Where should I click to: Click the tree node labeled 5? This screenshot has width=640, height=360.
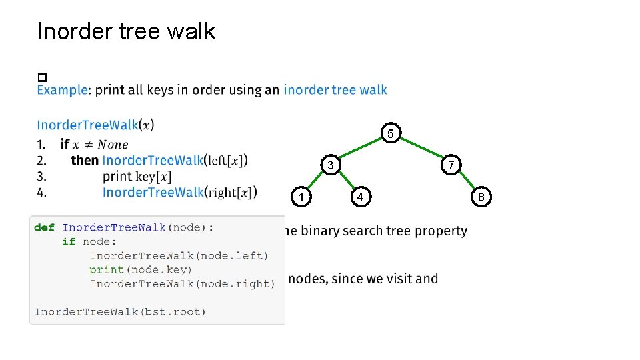tap(392, 134)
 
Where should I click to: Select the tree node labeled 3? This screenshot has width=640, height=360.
tap(329, 165)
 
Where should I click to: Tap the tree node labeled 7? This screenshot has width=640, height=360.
tap(451, 165)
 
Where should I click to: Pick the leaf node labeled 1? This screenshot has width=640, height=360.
tap(301, 197)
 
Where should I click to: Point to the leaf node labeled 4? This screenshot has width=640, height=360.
tap(360, 197)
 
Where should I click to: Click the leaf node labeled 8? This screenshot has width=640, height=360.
tap(481, 197)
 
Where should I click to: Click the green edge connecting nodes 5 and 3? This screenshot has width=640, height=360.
tap(361, 149)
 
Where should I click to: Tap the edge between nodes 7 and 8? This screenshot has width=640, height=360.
tap(466, 181)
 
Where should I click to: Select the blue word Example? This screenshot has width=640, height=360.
tap(62, 90)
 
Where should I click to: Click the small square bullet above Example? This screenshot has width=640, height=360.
tap(41, 78)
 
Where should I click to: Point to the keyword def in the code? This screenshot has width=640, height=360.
tap(45, 227)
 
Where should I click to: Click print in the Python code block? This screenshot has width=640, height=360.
tap(107, 269)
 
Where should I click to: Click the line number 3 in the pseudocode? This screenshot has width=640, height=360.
tap(41, 176)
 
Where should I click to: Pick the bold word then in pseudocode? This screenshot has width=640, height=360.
tap(85, 160)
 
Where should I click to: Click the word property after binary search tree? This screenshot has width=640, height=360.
tap(441, 231)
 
